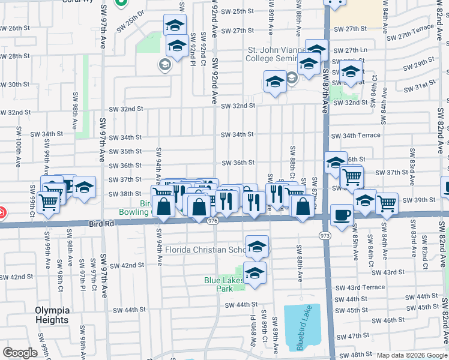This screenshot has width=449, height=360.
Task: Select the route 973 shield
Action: [x=325, y=235]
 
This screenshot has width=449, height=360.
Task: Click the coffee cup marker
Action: [x=342, y=214]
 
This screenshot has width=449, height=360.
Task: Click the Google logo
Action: [x=20, y=353]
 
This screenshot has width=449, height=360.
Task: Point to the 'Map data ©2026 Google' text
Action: [x=411, y=355]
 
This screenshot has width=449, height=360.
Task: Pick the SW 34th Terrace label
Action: [x=356, y=136]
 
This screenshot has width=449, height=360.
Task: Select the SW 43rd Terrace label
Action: [x=360, y=288]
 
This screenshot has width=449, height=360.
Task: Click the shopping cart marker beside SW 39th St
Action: [x=387, y=203]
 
